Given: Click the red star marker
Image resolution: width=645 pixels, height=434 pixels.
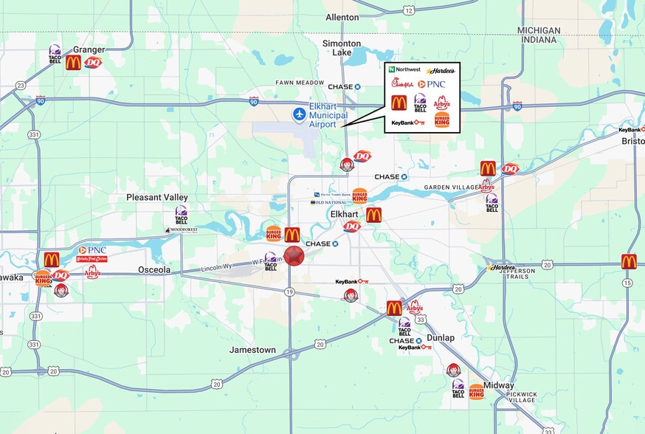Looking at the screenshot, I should [x=294, y=256].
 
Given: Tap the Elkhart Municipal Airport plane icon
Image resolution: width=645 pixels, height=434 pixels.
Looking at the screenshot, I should [x=299, y=114].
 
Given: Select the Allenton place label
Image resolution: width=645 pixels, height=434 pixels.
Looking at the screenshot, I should [x=342, y=17].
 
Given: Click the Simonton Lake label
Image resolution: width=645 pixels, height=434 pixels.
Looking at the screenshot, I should [x=342, y=48].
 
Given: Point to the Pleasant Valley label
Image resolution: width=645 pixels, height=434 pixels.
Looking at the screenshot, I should [x=156, y=198].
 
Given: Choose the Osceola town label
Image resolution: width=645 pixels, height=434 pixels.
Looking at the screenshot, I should [x=154, y=270].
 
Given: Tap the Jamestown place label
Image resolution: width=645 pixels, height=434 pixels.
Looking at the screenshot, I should [x=252, y=350].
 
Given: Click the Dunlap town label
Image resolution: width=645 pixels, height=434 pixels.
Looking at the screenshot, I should [x=441, y=337].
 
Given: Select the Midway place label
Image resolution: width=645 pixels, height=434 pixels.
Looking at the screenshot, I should [x=499, y=385].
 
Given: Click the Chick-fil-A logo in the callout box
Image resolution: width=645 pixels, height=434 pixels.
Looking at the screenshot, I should [x=403, y=83].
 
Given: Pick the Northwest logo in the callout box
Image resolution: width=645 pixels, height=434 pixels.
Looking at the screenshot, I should [x=404, y=69].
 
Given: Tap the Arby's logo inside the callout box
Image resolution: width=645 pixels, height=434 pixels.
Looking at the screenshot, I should [x=441, y=102].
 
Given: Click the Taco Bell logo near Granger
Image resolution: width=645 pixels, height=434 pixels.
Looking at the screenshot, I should [x=55, y=55].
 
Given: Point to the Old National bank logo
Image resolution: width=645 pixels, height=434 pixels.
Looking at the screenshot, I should [x=328, y=201].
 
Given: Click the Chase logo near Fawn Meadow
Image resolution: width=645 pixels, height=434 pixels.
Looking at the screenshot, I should [x=345, y=86].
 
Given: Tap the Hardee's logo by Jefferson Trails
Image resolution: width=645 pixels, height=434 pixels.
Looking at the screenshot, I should [x=502, y=267].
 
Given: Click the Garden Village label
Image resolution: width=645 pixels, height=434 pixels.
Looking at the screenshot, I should [x=449, y=187].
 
